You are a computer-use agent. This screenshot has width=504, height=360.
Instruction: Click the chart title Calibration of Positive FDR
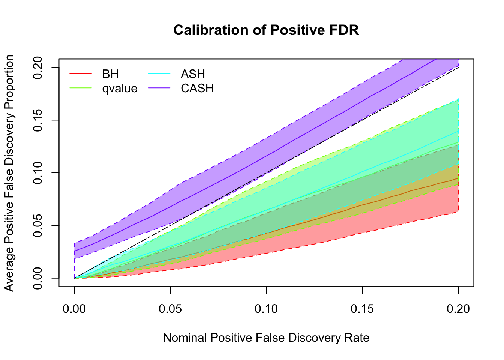click(x=266, y=30)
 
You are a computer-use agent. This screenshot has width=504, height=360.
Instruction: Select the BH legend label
click(x=110, y=74)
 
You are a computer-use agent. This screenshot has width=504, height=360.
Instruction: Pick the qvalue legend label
click(x=120, y=88)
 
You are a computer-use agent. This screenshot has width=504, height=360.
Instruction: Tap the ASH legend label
click(x=193, y=74)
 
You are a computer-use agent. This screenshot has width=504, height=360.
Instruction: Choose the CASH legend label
click(x=197, y=88)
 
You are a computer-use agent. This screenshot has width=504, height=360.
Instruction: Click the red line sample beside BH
click(x=81, y=74)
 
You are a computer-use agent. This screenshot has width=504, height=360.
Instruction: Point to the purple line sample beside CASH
click(x=159, y=88)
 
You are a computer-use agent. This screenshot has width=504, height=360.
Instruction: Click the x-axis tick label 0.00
click(x=74, y=309)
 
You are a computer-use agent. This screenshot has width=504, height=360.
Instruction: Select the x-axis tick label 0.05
click(x=170, y=309)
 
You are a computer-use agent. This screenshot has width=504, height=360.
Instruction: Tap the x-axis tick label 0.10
click(x=266, y=309)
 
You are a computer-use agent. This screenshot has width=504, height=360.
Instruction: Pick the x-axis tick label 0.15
click(x=362, y=309)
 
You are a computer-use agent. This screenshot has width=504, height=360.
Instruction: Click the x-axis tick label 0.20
click(x=458, y=309)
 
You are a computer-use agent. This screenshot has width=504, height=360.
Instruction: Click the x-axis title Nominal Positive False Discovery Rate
click(x=266, y=338)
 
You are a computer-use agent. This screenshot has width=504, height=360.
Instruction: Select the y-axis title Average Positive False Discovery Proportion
click(x=9, y=173)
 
